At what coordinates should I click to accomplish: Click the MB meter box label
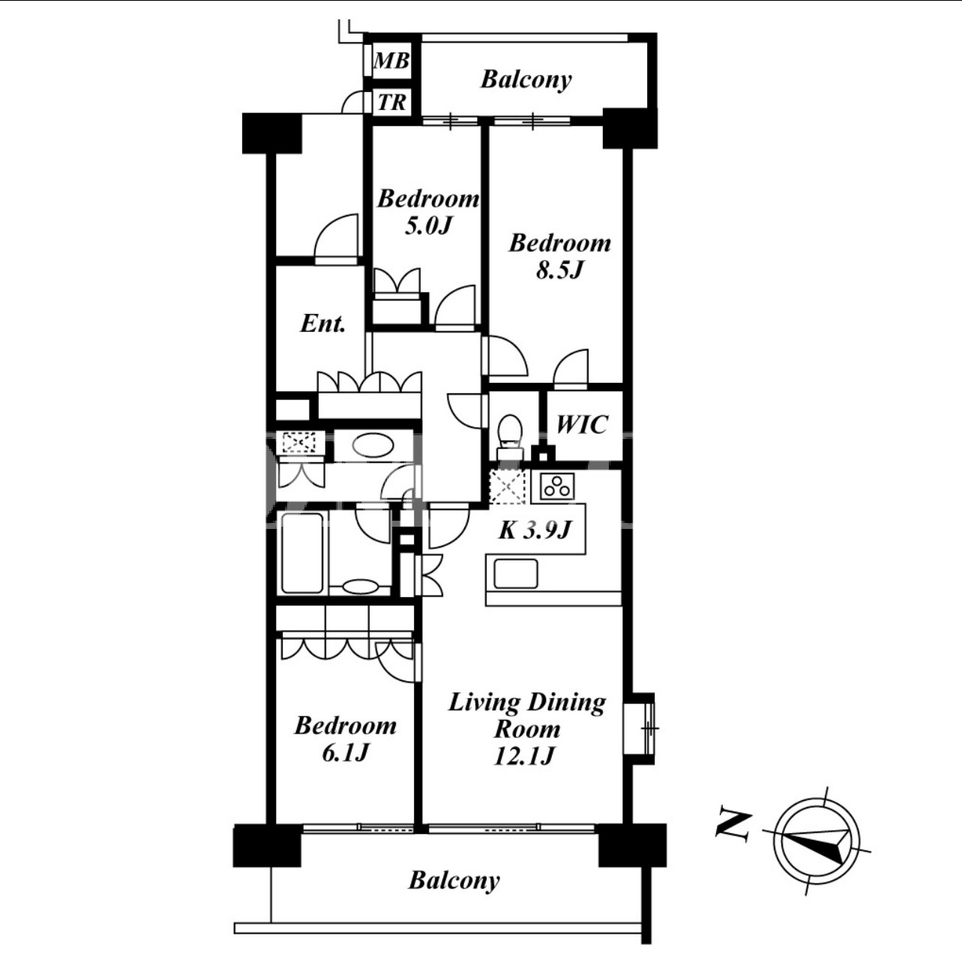point(391,61)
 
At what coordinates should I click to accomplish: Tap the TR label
point(392,103)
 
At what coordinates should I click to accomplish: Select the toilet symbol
point(510,436)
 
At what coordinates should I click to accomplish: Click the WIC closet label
point(582,424)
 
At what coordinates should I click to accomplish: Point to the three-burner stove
point(557,486)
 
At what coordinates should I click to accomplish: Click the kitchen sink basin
point(516,574)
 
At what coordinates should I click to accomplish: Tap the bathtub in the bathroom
point(302,553)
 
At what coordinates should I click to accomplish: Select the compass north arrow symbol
point(817,841)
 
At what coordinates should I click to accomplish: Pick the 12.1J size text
point(525,756)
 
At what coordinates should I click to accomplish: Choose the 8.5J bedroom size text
point(559,270)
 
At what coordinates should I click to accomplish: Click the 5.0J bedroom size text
point(428,226)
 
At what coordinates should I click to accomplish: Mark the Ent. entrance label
point(323,324)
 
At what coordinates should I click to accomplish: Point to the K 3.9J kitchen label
point(535,530)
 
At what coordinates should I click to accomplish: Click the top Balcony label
point(526,80)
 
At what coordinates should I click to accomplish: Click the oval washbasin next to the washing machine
point(373,445)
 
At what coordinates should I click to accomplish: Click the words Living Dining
point(527,703)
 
